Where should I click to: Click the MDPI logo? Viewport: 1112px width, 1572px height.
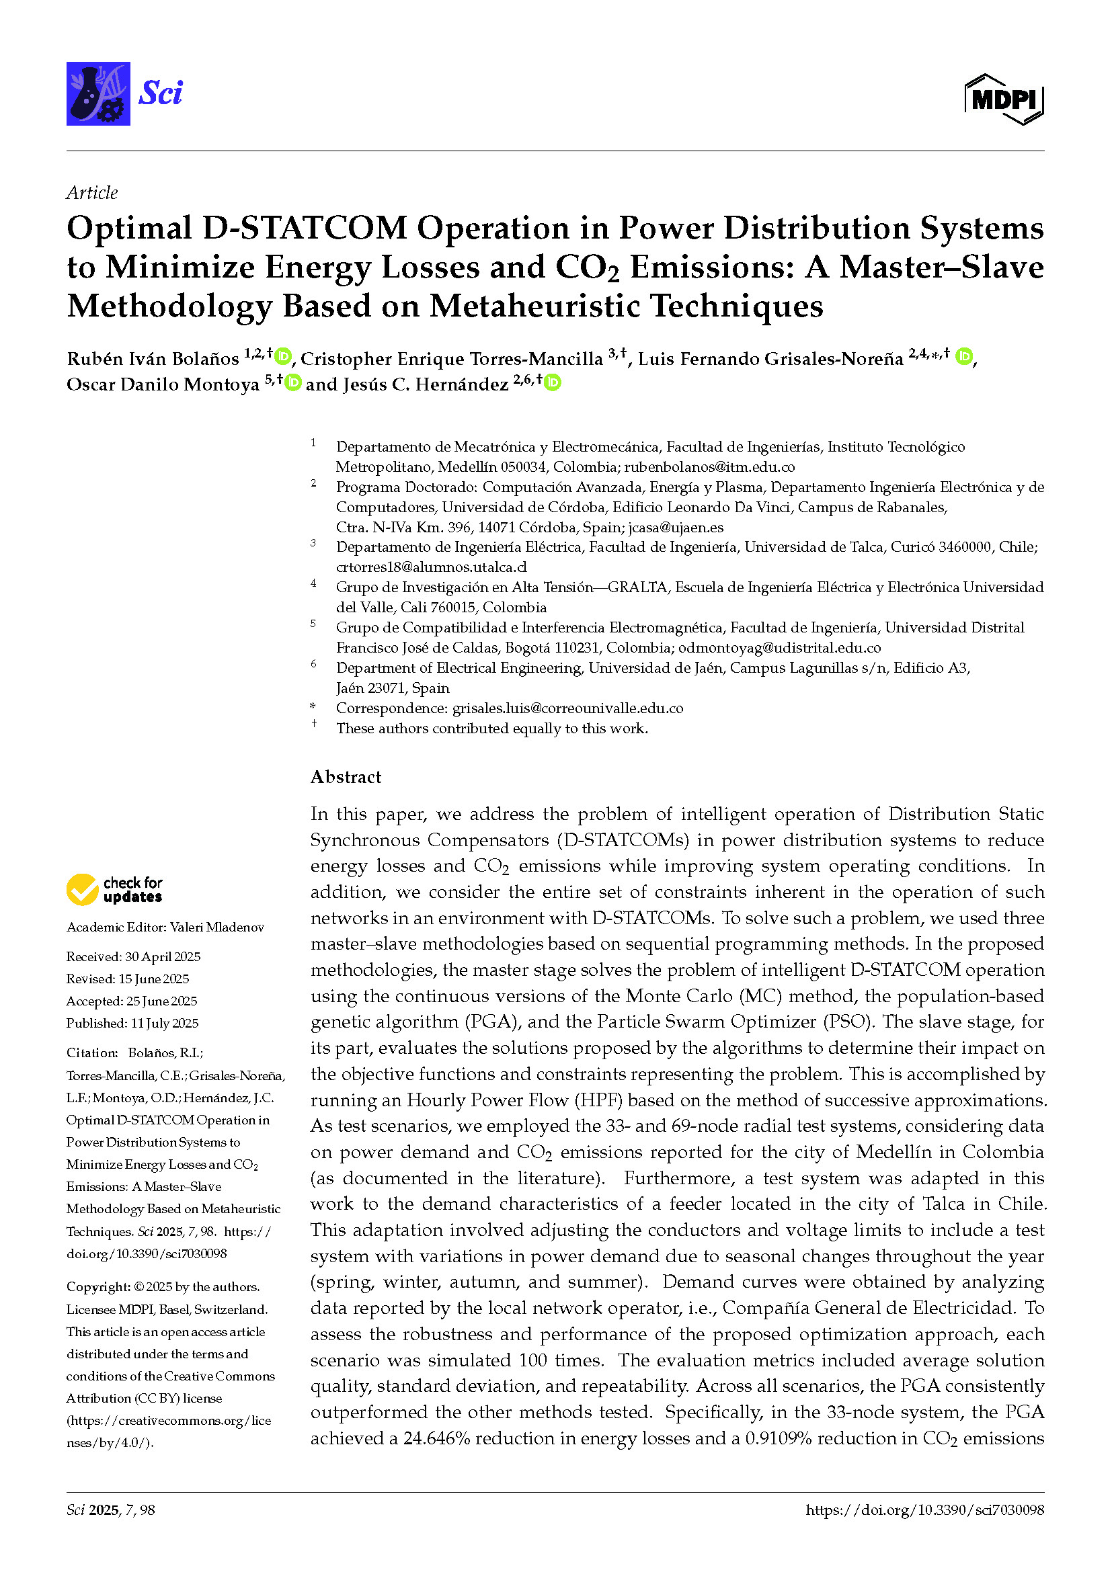(1004, 99)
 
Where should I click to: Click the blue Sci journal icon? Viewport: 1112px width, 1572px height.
(98, 94)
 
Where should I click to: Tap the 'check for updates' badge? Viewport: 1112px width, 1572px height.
(114, 889)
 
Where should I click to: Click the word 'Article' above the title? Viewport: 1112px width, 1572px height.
(91, 192)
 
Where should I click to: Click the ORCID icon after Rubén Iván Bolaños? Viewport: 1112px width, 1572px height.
(283, 356)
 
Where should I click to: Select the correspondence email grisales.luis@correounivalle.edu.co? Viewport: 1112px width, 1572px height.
(567, 708)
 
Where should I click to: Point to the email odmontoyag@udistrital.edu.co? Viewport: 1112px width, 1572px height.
(779, 647)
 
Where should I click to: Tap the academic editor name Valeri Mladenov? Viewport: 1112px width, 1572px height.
(217, 927)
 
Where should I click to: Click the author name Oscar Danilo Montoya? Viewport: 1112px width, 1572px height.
(163, 384)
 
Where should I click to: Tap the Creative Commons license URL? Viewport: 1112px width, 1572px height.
(169, 1431)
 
